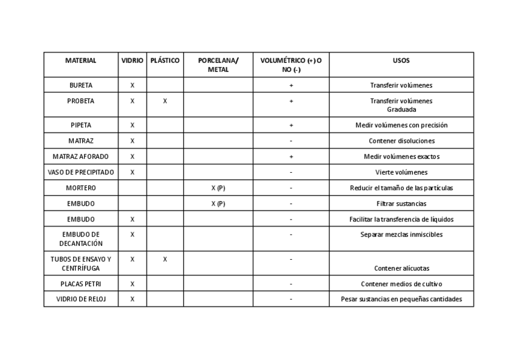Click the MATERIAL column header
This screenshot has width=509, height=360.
pos(80,61)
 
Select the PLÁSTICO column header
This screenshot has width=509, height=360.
pos(165,61)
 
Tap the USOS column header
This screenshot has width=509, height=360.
pos(401,61)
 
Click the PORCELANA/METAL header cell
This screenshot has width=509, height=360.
pos(218,65)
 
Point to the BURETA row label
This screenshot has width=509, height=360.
pos(80,85)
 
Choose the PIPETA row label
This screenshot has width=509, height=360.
pos(80,125)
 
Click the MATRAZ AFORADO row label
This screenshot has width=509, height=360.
pos(80,157)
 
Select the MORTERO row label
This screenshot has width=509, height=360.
pos(80,188)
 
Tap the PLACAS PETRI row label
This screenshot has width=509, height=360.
pos(80,284)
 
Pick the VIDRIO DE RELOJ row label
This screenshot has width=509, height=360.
pos(80,299)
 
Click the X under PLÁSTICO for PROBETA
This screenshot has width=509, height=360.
pos(165,101)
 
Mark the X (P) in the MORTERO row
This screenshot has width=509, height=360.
pos(218,188)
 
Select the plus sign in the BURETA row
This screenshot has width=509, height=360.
pos(291,85)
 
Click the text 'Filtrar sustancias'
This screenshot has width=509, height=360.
pos(401,203)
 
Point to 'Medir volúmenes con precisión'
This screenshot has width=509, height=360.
pos(401,125)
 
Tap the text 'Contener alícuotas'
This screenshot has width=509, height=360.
pos(401,268)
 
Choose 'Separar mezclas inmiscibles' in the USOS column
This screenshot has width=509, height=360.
pos(401,235)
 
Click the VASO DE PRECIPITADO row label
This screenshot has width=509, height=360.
pos(80,172)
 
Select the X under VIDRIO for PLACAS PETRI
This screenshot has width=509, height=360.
pos(132,284)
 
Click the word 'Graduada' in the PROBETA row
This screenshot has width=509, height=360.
pos(401,109)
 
